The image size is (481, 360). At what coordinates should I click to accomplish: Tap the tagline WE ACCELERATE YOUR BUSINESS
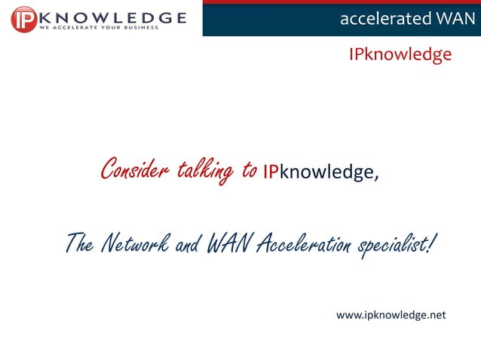99,28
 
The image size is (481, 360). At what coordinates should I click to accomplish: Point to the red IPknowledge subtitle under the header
400,55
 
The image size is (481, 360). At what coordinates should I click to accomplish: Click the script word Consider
135,169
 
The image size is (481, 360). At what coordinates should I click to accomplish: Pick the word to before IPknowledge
250,170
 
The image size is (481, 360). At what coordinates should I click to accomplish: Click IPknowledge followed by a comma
317,172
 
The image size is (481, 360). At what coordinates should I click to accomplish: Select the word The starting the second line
79,243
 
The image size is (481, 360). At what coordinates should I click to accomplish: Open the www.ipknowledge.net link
391,315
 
